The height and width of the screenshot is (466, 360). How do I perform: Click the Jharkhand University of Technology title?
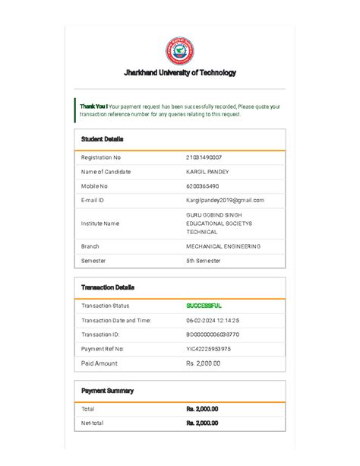(180, 73)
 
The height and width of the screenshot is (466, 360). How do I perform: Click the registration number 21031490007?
(204, 157)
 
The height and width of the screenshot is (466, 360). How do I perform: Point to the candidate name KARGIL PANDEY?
(207, 172)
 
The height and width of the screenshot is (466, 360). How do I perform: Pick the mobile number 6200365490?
(203, 186)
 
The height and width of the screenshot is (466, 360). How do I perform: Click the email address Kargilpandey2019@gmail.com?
(225, 200)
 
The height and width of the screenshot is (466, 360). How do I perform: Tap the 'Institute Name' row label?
(100, 223)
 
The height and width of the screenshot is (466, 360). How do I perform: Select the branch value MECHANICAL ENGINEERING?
(223, 246)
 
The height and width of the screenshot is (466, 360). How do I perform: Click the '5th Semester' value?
(204, 261)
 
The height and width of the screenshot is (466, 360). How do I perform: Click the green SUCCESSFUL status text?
(204, 306)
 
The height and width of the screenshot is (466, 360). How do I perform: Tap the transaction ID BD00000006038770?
(213, 334)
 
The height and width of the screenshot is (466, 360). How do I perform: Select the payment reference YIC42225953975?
(209, 349)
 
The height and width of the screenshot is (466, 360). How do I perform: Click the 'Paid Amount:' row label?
(99, 363)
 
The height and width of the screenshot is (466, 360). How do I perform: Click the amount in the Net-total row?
(202, 423)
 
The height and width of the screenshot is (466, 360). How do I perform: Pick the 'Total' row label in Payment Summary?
(88, 409)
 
